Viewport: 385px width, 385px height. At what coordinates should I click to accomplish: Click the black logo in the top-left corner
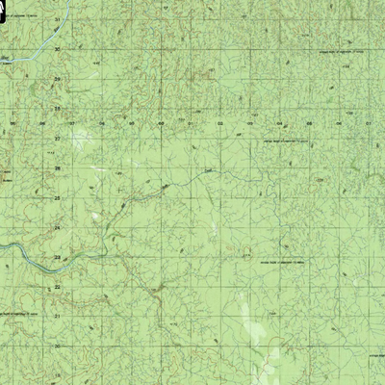point(8,8)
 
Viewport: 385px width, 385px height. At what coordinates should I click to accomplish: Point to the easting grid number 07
point(370,124)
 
